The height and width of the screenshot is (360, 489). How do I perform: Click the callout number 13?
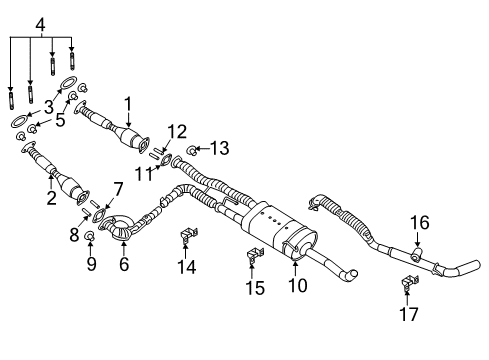[x=219, y=149]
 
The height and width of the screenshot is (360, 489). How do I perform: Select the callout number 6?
[x=124, y=265]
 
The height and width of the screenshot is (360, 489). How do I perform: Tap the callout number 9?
[x=91, y=265]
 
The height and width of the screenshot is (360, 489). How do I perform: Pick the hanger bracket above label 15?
[x=252, y=260]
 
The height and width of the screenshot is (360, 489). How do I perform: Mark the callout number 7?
[x=118, y=188]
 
